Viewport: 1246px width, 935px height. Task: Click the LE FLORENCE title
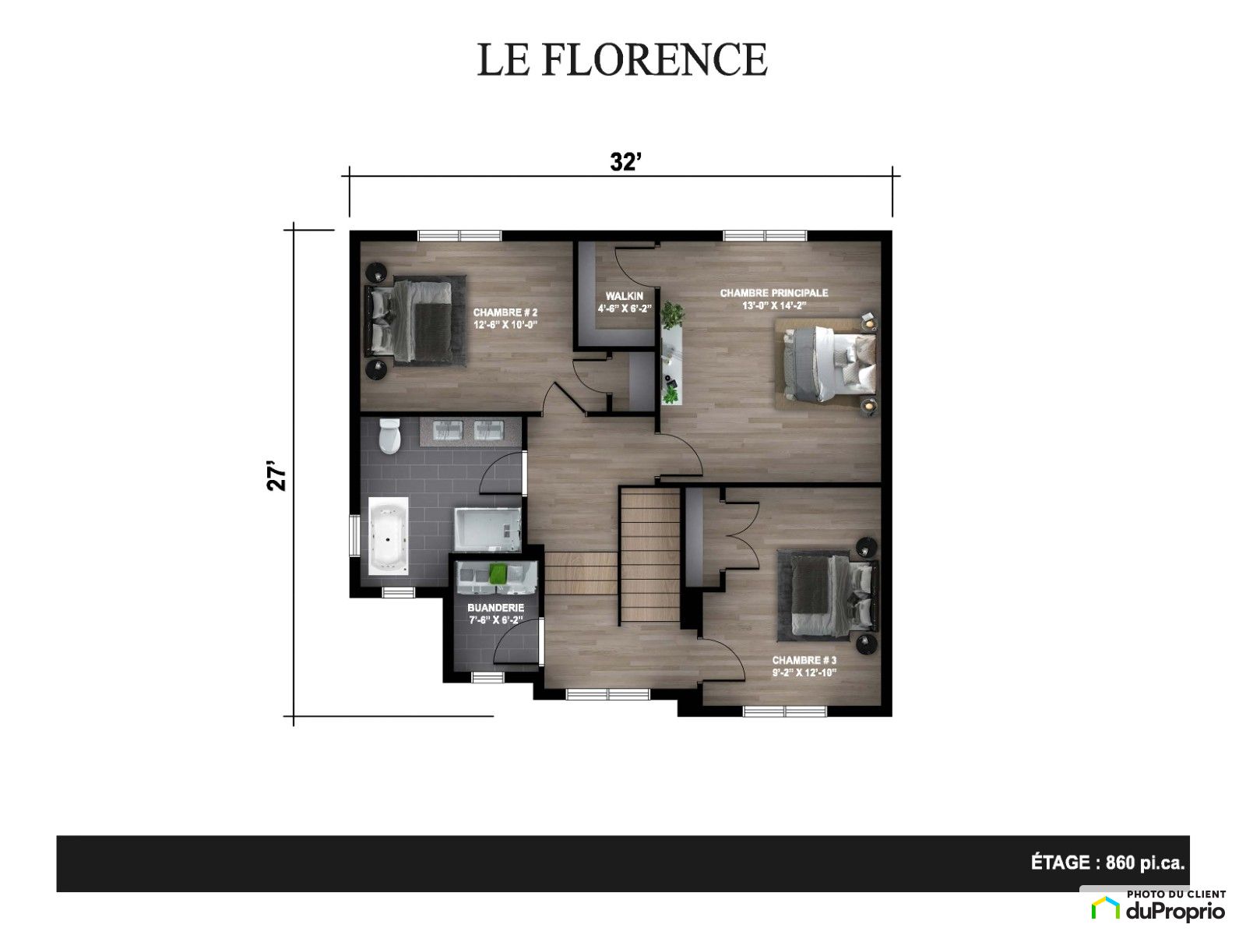(622, 59)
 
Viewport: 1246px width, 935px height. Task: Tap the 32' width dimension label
(625, 162)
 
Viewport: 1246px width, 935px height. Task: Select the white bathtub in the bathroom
(389, 537)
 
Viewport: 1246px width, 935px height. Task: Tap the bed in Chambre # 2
(415, 320)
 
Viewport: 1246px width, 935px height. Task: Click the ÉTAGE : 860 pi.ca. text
(1107, 863)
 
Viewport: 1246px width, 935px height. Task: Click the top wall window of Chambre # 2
(459, 235)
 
